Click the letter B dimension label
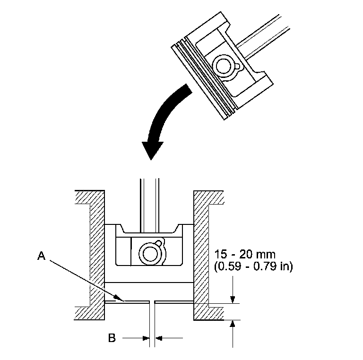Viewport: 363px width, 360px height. tap(112, 338)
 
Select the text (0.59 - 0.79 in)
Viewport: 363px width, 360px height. tap(253, 267)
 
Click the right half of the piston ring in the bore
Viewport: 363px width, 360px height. tap(175, 301)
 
